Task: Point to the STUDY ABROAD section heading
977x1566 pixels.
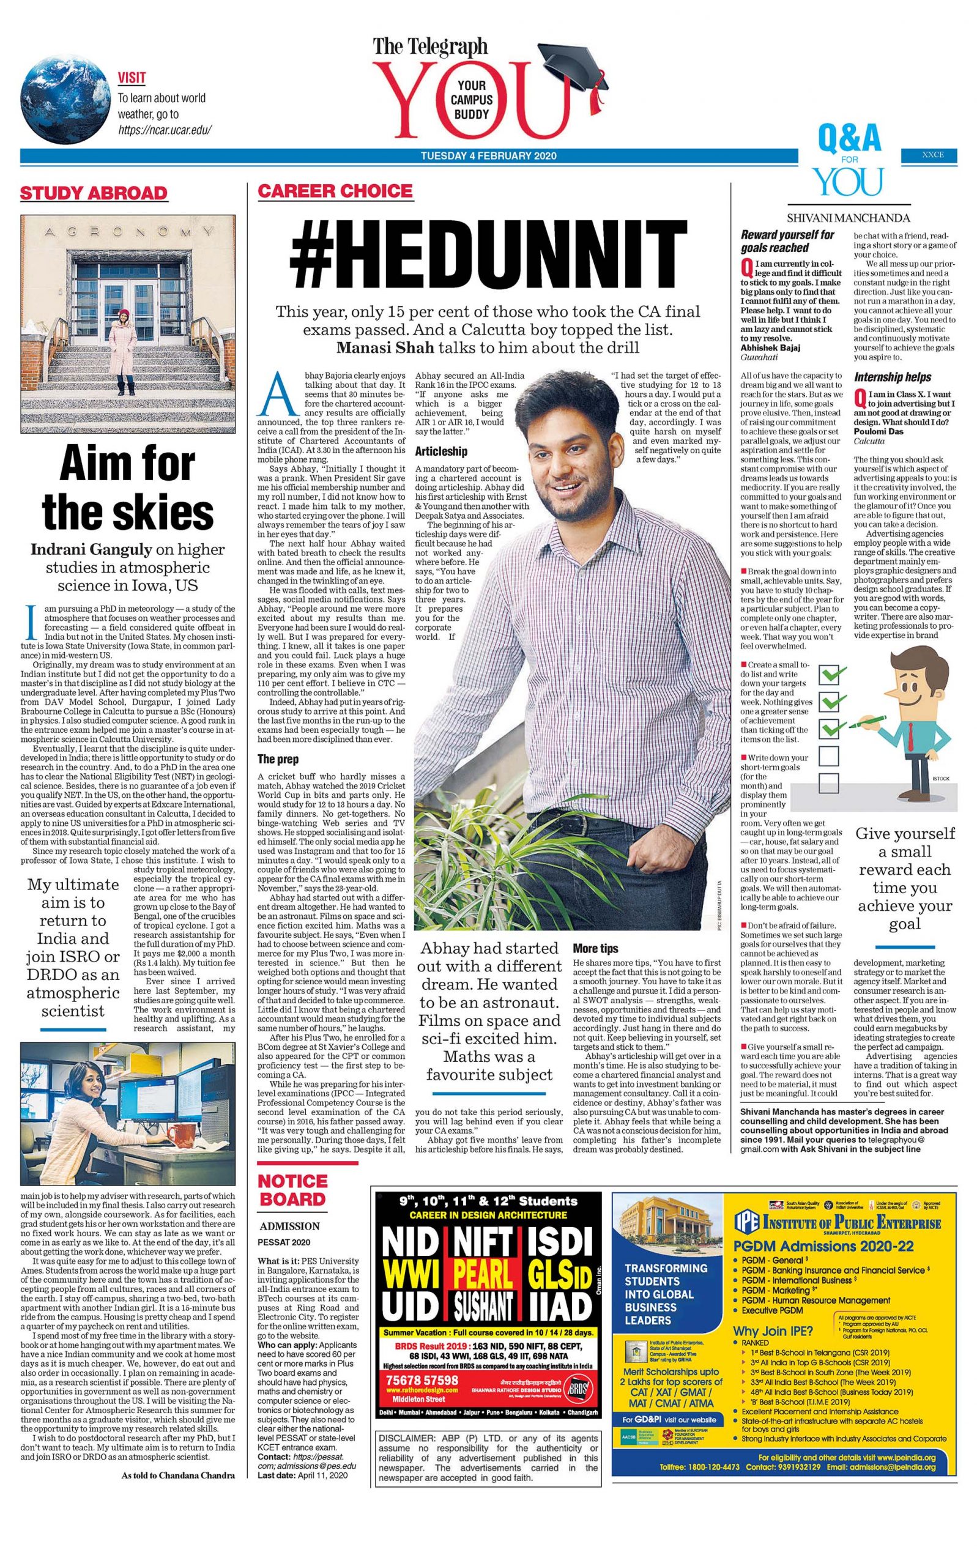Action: tap(94, 193)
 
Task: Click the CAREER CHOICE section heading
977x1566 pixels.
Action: tap(335, 191)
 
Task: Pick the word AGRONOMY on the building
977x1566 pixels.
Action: tap(128, 231)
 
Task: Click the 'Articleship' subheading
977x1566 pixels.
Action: tap(440, 451)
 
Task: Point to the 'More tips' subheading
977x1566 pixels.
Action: tap(595, 948)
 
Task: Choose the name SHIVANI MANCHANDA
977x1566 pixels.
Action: tap(848, 218)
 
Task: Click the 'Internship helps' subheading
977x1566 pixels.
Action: tap(893, 377)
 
